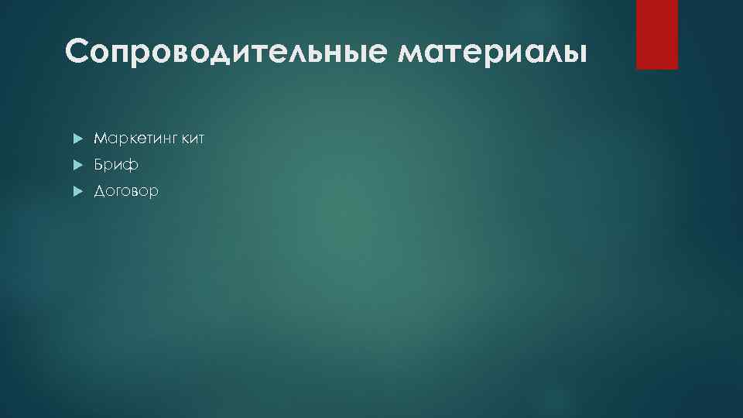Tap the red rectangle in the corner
coord(656,34)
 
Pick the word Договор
coord(126,191)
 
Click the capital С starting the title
coord(79,53)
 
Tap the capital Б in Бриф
coord(99,165)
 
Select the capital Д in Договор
coord(100,191)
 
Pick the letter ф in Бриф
coord(132,166)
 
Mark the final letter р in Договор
coord(154,193)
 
